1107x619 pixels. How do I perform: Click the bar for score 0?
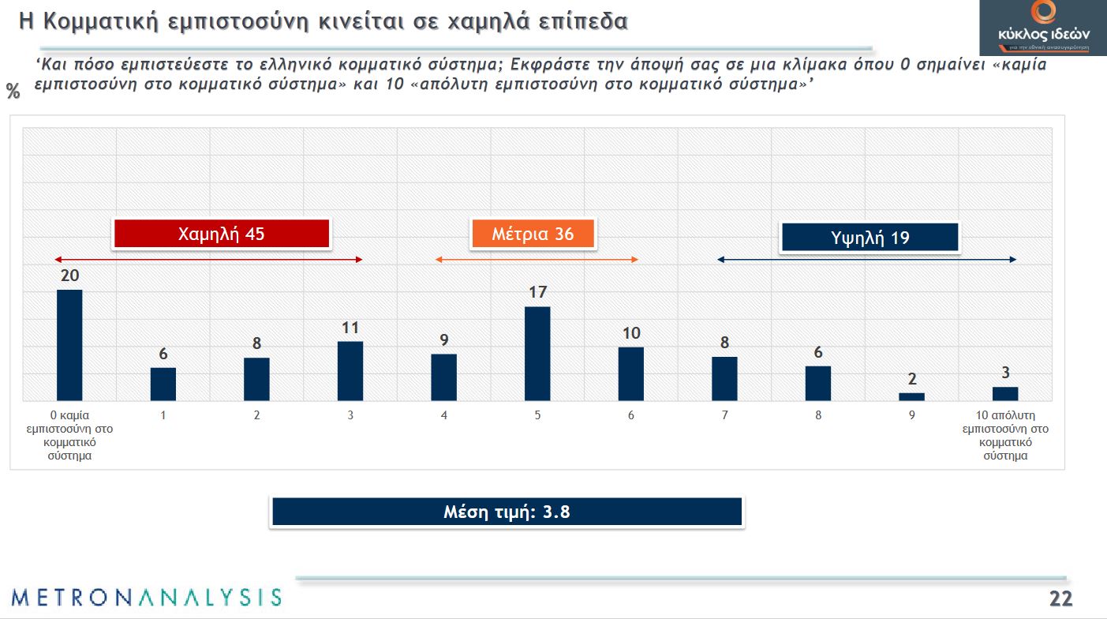(69, 345)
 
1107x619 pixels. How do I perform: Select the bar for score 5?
(537, 354)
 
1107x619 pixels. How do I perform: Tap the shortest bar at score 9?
(911, 396)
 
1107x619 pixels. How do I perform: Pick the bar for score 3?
(350, 371)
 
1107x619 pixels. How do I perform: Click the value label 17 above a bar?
(537, 292)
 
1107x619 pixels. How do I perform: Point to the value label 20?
(69, 275)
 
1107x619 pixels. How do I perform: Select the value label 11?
(350, 327)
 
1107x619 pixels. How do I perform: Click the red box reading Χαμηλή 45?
(221, 234)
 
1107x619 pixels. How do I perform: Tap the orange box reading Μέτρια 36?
(533, 234)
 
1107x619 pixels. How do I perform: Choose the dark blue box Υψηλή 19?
(870, 238)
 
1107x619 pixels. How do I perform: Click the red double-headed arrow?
(208, 260)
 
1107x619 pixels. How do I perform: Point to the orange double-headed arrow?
(537, 260)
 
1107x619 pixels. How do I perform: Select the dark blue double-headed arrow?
(866, 260)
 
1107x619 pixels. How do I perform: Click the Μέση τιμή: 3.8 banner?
(507, 512)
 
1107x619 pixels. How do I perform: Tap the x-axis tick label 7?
(724, 415)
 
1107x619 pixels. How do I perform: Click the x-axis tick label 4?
(444, 415)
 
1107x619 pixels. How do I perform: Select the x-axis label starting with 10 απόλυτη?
(1004, 435)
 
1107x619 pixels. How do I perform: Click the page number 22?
(1060, 598)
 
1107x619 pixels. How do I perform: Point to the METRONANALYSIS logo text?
(147, 597)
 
